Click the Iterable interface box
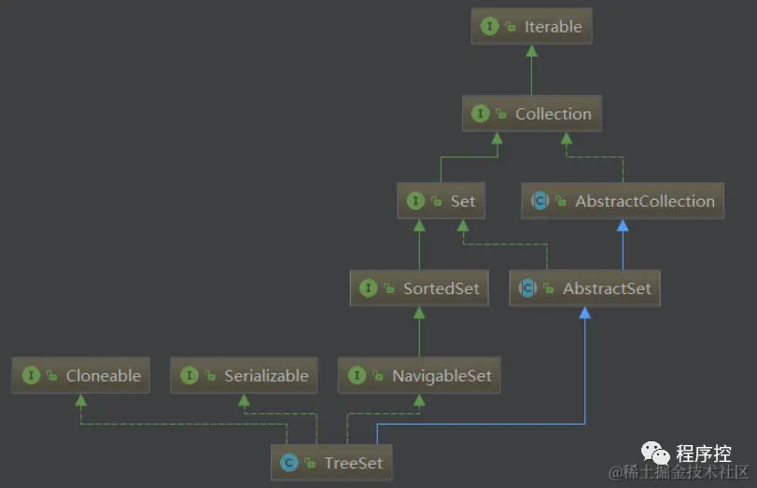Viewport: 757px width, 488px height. tap(531, 27)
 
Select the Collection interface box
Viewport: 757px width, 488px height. tap(532, 114)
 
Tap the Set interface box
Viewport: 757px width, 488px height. tap(441, 201)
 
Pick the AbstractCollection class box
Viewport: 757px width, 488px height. tap(623, 201)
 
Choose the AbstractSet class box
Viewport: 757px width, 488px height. tap(585, 288)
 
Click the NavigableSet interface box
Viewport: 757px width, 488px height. tap(419, 376)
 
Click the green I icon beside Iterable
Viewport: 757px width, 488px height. tap(489, 27)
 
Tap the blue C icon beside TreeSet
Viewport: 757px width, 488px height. tap(289, 463)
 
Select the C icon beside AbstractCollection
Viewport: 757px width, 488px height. tap(540, 201)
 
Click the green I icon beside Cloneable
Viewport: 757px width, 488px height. tap(31, 376)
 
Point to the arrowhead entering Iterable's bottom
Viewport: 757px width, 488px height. tap(531, 50)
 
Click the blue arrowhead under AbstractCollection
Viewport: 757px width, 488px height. tap(623, 225)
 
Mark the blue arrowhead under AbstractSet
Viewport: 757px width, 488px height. tap(584, 313)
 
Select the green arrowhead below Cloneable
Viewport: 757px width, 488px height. tap(81, 399)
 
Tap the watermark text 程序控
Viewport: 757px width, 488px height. tap(704, 454)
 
